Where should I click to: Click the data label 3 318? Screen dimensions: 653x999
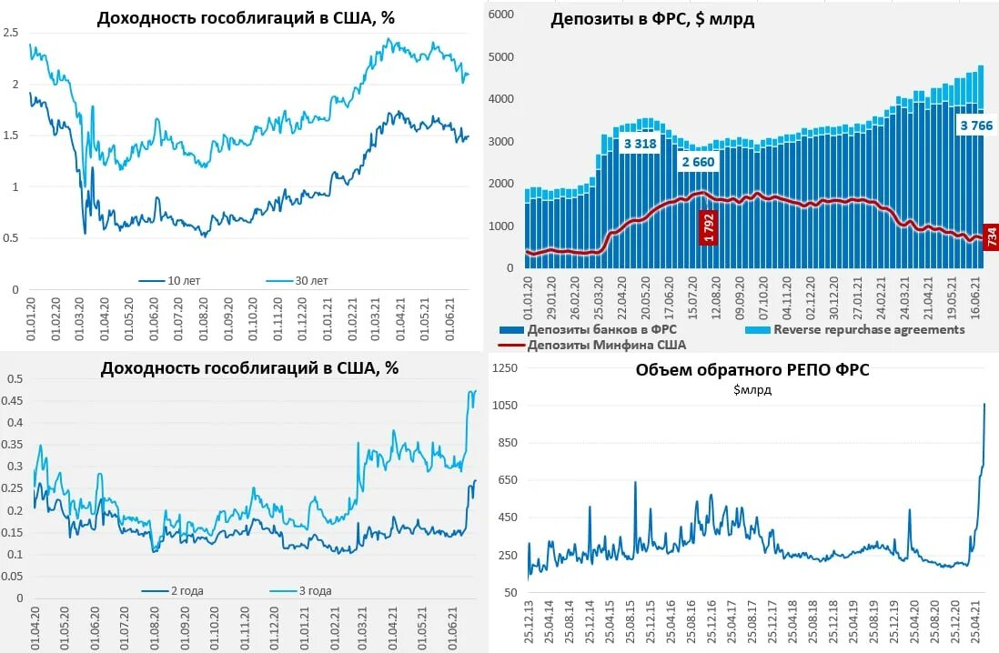pyautogui.click(x=641, y=144)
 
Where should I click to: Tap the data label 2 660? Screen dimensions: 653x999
pyautogui.click(x=698, y=163)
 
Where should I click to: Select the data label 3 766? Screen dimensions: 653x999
pyautogui.click(x=975, y=126)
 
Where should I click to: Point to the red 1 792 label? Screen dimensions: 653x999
pyautogui.click(x=708, y=227)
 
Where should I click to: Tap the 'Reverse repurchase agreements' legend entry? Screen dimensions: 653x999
pyautogui.click(x=868, y=329)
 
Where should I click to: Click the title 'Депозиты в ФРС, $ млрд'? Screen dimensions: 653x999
pyautogui.click(x=652, y=21)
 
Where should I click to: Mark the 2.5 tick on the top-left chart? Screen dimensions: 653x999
pyautogui.click(x=11, y=33)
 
